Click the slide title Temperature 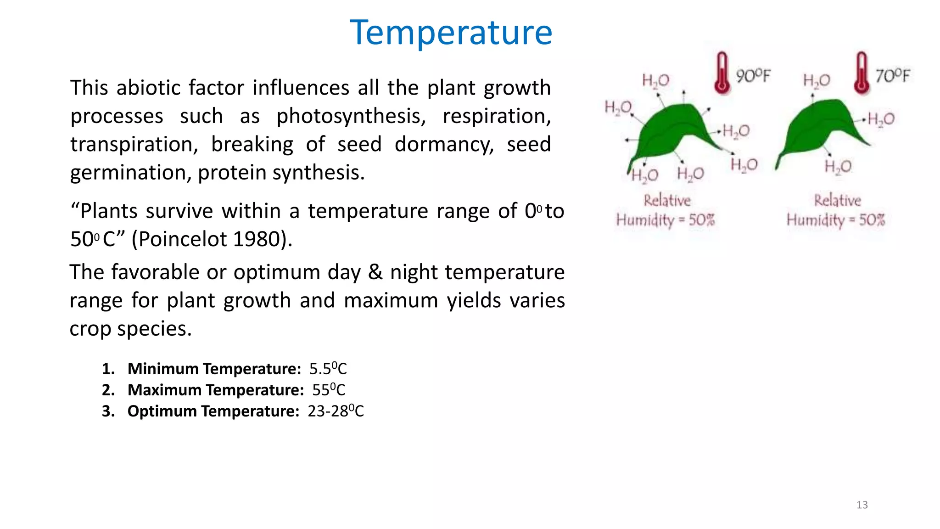tap(451, 33)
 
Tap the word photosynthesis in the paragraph tap(351, 116)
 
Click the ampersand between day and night tap(375, 272)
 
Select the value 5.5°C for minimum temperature tap(328, 369)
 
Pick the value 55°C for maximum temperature tap(329, 390)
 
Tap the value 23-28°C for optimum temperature tap(336, 411)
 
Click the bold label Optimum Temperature tap(213, 411)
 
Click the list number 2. tap(108, 390)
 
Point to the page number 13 tap(862, 505)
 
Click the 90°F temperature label tap(753, 76)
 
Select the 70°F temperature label tap(892, 76)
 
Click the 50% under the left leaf tap(701, 220)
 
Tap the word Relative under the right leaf tap(837, 200)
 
